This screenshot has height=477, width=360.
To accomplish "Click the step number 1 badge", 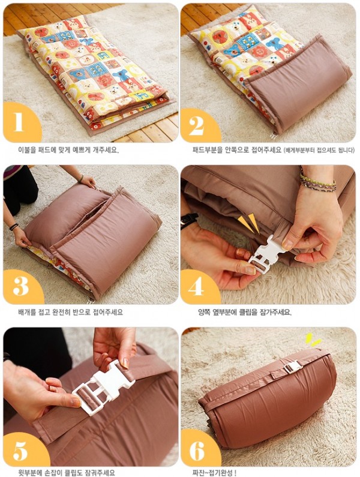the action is (x=22, y=122).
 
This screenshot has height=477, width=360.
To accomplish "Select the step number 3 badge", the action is (x=22, y=287).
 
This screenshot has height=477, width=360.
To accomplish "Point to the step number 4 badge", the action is (x=199, y=286).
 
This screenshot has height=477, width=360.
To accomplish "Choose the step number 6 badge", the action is (x=199, y=450).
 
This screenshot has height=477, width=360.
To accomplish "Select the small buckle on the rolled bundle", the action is (x=293, y=367).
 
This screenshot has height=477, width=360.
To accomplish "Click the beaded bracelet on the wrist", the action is (x=318, y=182).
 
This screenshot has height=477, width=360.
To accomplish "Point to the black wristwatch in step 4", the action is (x=189, y=220).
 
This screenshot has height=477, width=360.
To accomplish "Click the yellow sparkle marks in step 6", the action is (x=313, y=340).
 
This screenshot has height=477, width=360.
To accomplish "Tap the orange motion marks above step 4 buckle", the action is (x=249, y=223).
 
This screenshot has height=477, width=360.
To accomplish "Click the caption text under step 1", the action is (x=68, y=149).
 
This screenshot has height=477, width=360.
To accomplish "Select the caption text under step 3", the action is (x=70, y=312).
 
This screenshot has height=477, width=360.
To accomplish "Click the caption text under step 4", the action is (x=245, y=312).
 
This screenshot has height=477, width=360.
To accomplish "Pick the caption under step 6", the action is (x=214, y=473).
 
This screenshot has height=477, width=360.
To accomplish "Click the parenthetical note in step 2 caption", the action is (x=319, y=150).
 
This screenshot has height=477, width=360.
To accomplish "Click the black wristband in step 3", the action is (x=14, y=227).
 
